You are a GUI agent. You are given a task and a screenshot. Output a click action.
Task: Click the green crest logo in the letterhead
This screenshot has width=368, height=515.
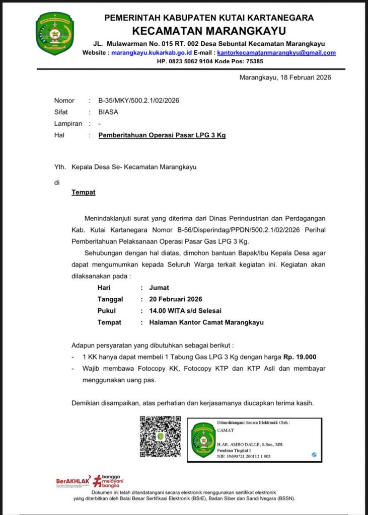pyautogui.click(x=54, y=34)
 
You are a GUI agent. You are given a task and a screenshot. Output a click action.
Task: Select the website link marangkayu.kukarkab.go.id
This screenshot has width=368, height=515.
pyautogui.click(x=152, y=52)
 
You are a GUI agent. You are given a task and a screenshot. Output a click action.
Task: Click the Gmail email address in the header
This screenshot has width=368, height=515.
pyautogui.click(x=276, y=52)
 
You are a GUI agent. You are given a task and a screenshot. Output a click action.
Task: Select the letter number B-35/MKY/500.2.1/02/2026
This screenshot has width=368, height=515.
pyautogui.click(x=138, y=101)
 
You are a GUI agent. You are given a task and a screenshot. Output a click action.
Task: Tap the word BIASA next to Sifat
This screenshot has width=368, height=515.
pyautogui.click(x=108, y=112)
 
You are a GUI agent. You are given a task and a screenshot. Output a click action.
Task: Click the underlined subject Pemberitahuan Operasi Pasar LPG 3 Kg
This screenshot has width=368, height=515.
pyautogui.click(x=162, y=135)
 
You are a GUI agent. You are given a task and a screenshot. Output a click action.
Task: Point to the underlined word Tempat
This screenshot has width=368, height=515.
pyautogui.click(x=83, y=192)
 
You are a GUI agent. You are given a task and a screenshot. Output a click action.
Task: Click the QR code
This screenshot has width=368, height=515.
pyautogui.click(x=160, y=437)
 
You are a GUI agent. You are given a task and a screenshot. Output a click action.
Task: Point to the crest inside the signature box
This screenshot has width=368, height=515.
pyautogui.click(x=203, y=440)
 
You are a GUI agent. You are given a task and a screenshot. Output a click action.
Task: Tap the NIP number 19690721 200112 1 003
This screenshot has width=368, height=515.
pyautogui.click(x=244, y=456)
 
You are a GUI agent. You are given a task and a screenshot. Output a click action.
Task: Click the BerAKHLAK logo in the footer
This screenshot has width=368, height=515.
pyautogui.click(x=73, y=481)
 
